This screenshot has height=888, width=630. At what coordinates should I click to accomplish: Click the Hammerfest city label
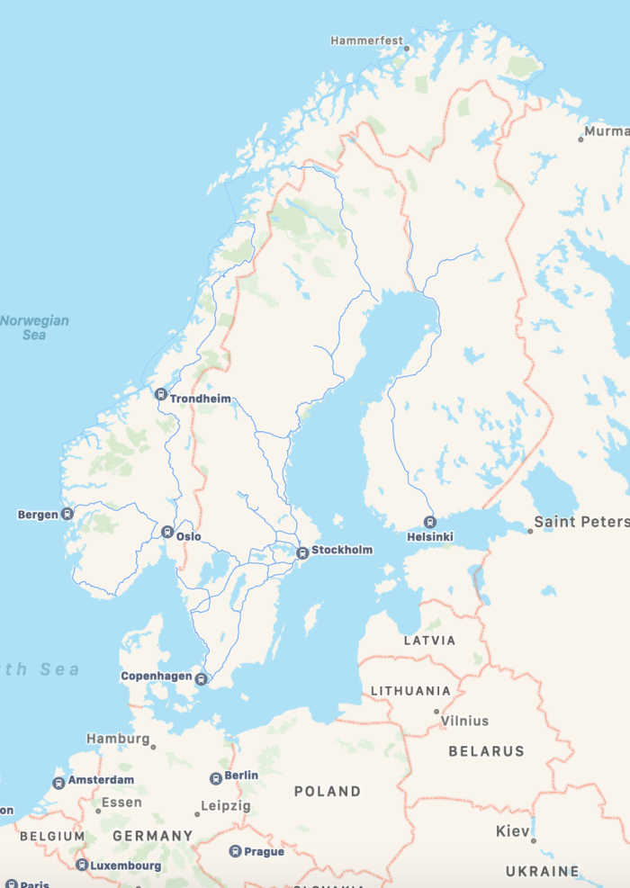364,40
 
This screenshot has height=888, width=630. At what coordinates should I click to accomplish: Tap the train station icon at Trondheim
160,394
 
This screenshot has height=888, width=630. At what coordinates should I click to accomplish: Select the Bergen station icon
67,515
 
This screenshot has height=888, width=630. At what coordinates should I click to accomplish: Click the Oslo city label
189,537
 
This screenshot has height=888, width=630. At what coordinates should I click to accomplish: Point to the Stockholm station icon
303,552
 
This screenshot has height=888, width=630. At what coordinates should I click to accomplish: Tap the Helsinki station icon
430,522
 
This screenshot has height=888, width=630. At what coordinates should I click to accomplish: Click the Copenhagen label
157,676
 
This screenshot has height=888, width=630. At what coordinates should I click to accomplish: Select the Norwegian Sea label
34,327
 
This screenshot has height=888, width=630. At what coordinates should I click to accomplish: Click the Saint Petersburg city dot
530,531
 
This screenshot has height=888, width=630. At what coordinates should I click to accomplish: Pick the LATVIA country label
429,641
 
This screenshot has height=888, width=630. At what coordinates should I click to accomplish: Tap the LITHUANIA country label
410,691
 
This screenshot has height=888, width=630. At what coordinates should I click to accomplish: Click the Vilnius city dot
436,712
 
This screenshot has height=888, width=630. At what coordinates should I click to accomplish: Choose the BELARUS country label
486,750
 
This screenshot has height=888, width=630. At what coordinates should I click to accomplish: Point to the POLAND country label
328,792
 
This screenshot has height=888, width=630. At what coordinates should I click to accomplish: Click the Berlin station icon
216,778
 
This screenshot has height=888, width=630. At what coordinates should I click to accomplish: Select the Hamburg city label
118,739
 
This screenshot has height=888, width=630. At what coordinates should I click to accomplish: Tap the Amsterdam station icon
59,784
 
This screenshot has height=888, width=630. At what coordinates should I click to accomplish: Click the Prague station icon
235,851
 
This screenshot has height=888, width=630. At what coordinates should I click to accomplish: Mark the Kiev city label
513,831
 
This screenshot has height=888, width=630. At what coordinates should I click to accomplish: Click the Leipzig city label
226,806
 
